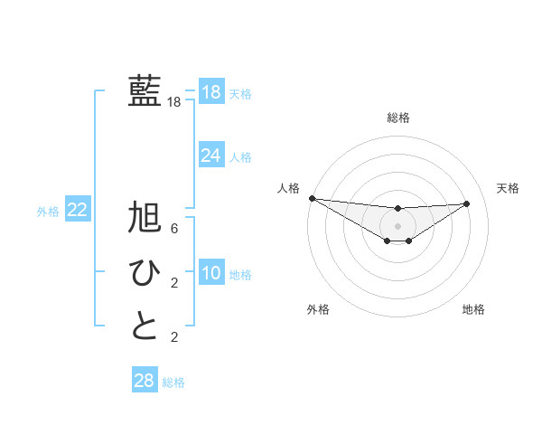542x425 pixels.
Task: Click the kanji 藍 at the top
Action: point(145,91)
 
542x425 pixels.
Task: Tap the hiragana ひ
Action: point(145,272)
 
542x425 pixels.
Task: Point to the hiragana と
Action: point(145,326)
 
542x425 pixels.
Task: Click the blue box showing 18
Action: point(210,92)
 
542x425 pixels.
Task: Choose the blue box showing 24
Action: point(210,156)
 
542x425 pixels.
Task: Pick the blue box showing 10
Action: point(210,273)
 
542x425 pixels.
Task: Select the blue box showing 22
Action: point(78,210)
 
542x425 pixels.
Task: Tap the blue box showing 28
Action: point(144,380)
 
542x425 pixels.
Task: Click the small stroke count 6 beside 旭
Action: point(174,230)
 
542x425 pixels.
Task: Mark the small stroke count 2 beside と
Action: point(174,338)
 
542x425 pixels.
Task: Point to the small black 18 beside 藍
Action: point(174,103)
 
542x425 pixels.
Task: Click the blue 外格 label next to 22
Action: point(48,212)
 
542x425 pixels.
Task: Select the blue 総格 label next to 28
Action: point(173,382)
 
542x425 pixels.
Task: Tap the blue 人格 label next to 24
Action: point(240,157)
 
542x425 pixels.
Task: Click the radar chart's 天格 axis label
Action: point(509,188)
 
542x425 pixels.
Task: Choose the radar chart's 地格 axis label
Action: point(473,309)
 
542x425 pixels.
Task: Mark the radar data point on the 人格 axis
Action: point(312,198)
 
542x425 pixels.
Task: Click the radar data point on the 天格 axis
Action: point(467,203)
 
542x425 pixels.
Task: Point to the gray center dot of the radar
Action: point(397,226)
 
